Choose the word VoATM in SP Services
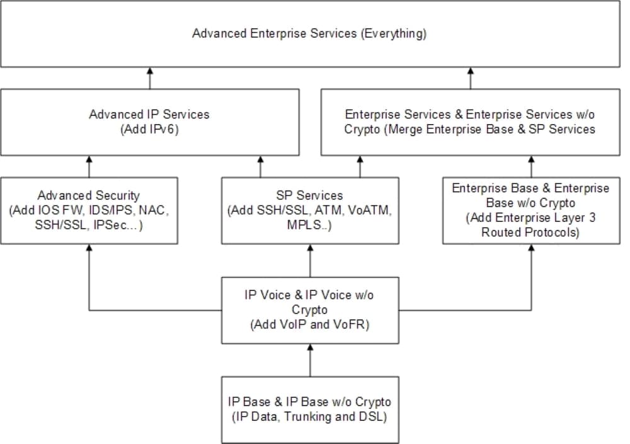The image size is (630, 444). [369, 210]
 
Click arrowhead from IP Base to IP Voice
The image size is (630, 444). [310, 348]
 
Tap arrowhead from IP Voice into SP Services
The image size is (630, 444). [310, 248]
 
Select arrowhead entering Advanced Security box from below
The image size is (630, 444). [89, 248]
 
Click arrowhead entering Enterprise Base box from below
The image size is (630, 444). [531, 248]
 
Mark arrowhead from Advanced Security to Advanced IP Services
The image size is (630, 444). [89, 159]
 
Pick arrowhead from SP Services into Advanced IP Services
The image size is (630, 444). [260, 159]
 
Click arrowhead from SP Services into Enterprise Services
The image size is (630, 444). [360, 159]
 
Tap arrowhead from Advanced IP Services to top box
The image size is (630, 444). [150, 71]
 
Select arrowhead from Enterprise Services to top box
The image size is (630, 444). [471, 71]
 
